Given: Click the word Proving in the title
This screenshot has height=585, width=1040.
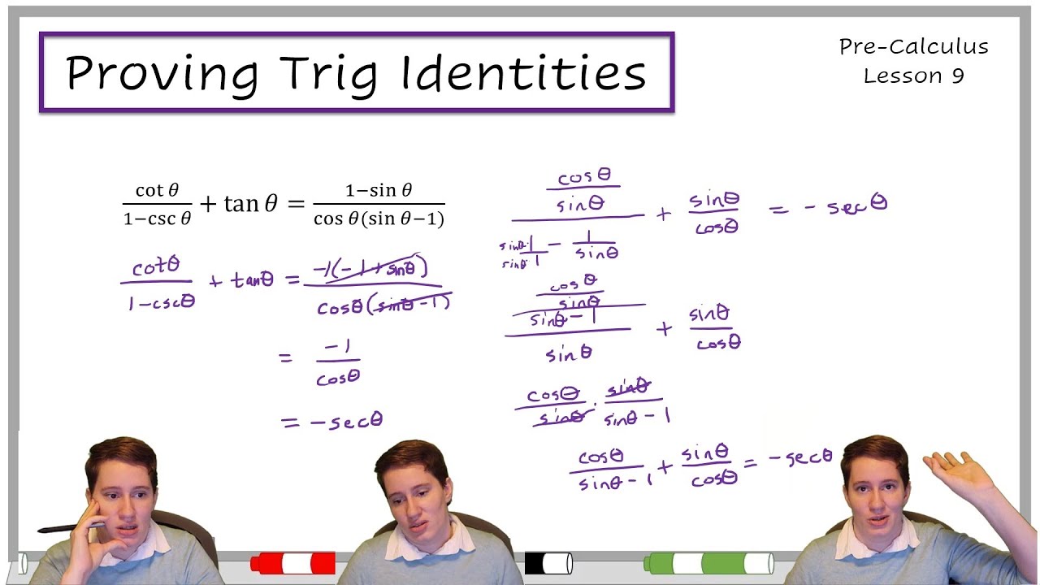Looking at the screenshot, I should [x=162, y=73].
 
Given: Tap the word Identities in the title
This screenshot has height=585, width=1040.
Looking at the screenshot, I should [x=524, y=73].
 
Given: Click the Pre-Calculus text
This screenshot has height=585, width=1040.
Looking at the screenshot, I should [x=913, y=47].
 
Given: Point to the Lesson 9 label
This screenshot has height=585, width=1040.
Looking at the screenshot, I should [x=913, y=76].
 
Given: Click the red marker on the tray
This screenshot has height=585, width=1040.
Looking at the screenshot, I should [x=293, y=562].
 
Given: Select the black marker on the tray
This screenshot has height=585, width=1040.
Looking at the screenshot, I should [x=548, y=562].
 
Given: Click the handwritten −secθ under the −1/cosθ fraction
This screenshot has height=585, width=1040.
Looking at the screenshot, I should [x=332, y=421].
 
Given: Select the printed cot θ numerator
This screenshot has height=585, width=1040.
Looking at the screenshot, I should [x=157, y=190].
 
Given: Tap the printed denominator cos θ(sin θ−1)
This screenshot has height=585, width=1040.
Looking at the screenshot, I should [x=379, y=219].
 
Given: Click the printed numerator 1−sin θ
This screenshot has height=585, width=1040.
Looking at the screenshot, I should [x=379, y=190].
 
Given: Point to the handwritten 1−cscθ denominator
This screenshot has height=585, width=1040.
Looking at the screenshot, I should [x=161, y=302].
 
